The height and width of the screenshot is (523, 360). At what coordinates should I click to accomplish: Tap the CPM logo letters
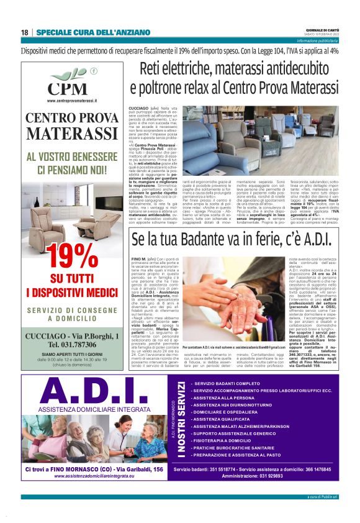tap(68, 88)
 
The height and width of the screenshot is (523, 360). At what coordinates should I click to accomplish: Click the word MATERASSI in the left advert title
tap(72, 133)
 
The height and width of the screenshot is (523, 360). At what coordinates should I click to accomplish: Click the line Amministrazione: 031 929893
tap(255, 476)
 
